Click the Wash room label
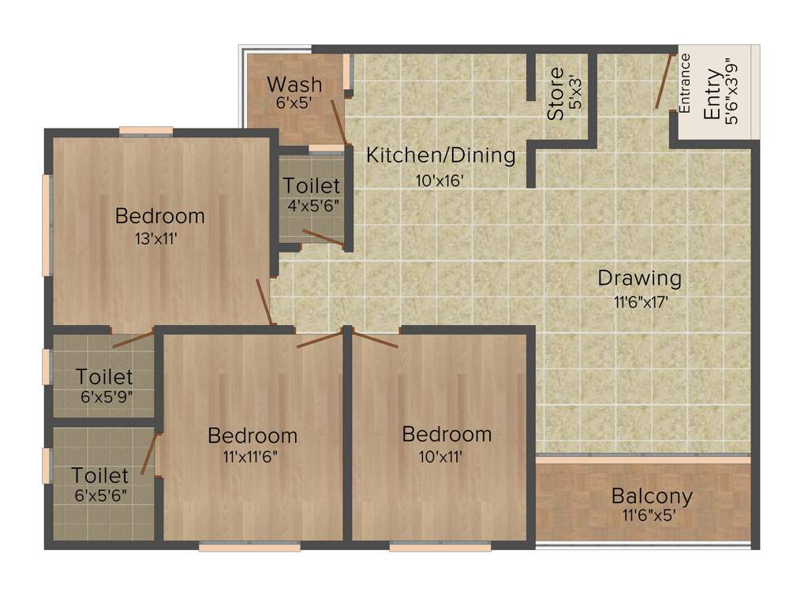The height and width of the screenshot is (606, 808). coord(294,84)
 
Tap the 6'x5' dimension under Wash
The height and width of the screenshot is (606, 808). coord(294,102)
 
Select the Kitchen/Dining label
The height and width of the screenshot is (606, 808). coord(440,155)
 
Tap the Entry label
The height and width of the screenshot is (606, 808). coord(712,95)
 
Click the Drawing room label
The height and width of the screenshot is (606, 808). coord(639,279)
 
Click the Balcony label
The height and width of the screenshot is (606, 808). coord(652,497)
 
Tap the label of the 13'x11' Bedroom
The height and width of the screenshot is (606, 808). coord(160,215)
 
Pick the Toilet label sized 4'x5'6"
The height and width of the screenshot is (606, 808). coord(312,186)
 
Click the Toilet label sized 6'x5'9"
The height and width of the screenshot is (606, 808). coord(104,377)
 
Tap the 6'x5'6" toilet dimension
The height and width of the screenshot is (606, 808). coord(100,496)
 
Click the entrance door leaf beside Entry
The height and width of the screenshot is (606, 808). coord(664,80)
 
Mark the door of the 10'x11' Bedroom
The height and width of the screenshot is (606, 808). coord(375,340)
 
